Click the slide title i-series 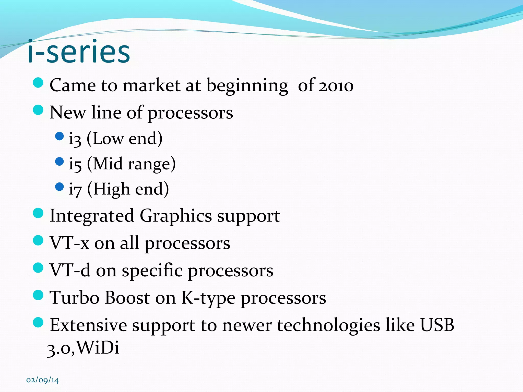79,52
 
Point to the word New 67,113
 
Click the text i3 75,139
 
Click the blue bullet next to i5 59,162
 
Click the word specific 152,271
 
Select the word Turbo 74,298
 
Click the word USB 437,325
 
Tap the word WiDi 98,347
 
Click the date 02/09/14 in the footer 42,380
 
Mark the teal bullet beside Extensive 38,322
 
